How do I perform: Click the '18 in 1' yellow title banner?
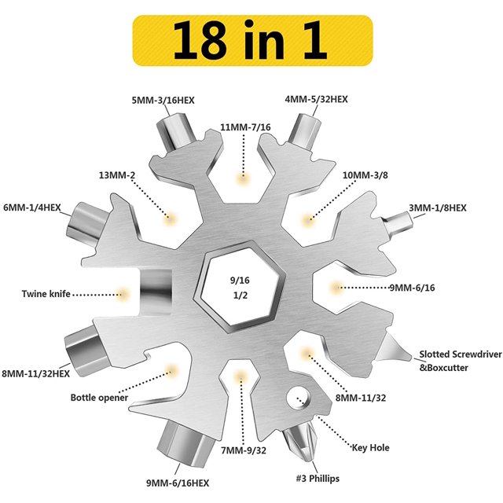tap(252, 40)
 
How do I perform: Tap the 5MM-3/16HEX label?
tap(163, 101)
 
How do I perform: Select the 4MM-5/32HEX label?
tap(316, 99)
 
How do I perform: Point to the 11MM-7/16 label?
tap(245, 127)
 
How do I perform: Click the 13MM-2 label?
tap(117, 175)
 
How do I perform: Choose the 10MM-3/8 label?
tap(365, 175)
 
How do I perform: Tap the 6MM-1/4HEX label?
tap(32, 207)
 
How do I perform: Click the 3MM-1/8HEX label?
tap(438, 207)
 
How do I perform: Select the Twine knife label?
tap(46, 294)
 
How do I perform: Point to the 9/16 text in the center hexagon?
tap(240, 281)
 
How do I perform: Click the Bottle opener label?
tap(99, 398)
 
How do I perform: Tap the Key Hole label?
tap(370, 448)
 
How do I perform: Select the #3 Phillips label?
tap(318, 479)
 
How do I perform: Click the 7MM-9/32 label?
tap(244, 450)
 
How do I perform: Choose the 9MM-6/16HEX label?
tap(178, 483)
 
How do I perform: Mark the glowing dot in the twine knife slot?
tap(122, 294)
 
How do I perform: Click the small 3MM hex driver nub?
tap(398, 222)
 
